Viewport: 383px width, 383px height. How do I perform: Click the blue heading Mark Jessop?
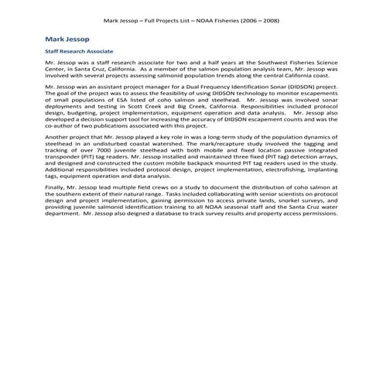point(69,37)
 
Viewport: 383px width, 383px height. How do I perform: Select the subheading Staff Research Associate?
point(80,51)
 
